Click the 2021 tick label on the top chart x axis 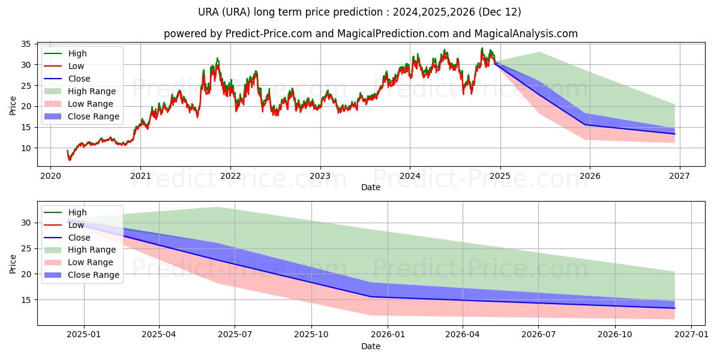(140, 176)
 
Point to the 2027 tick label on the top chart (679, 176)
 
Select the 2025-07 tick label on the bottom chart (235, 335)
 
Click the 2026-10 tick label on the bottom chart (616, 335)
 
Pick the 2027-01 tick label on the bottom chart (692, 335)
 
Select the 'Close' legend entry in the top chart (79, 79)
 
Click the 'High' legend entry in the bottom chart (77, 212)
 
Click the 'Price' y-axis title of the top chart (13, 105)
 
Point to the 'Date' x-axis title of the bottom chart (370, 346)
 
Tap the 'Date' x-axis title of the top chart (370, 187)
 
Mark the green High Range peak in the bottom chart (217, 207)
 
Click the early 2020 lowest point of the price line (70, 160)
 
